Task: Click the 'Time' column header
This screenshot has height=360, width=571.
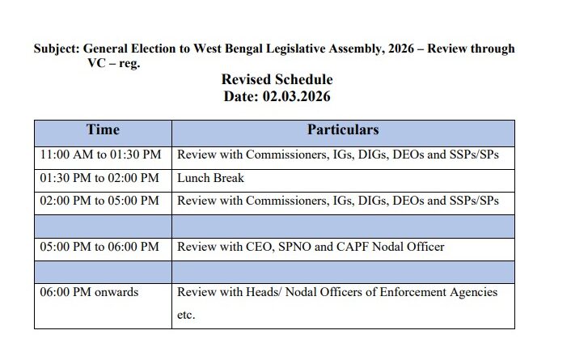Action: pos(103,130)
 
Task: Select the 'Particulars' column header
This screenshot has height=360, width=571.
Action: pos(342,130)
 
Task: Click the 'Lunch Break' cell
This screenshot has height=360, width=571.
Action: pos(210,177)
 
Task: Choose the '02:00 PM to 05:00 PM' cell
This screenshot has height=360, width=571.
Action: pos(101,200)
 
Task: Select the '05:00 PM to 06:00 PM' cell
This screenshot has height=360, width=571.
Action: pos(101,246)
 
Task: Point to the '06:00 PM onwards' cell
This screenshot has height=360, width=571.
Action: pos(89,291)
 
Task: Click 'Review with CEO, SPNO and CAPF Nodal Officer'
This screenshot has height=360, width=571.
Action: pos(311,246)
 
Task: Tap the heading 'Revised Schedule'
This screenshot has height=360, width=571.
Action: pos(277,80)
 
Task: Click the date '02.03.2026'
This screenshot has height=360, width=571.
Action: pos(295,95)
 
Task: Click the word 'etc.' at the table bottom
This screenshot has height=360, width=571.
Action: pos(186,316)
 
